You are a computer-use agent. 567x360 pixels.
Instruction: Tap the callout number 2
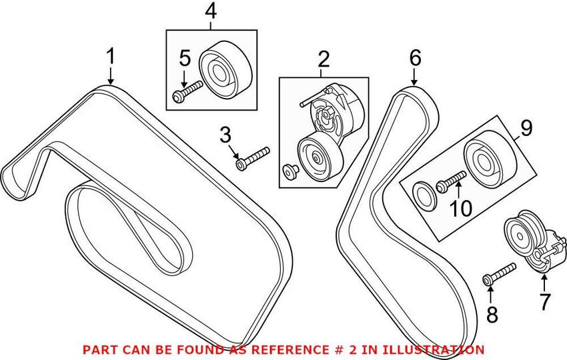(x=324, y=60)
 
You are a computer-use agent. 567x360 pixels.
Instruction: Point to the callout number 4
(x=211, y=11)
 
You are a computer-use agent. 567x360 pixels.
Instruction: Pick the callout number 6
(x=415, y=58)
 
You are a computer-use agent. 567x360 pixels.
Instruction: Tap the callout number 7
(x=545, y=302)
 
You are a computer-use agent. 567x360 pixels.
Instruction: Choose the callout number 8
(x=492, y=314)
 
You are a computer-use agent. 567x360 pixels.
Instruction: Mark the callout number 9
(x=526, y=127)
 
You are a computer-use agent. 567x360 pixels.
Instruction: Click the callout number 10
(x=460, y=209)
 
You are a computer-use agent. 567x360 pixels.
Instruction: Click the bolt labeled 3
(x=253, y=157)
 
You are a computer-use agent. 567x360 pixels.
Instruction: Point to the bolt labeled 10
(x=452, y=181)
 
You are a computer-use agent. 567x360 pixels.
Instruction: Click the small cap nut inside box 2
(x=290, y=171)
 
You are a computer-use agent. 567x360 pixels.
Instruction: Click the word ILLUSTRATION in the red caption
(x=434, y=349)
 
